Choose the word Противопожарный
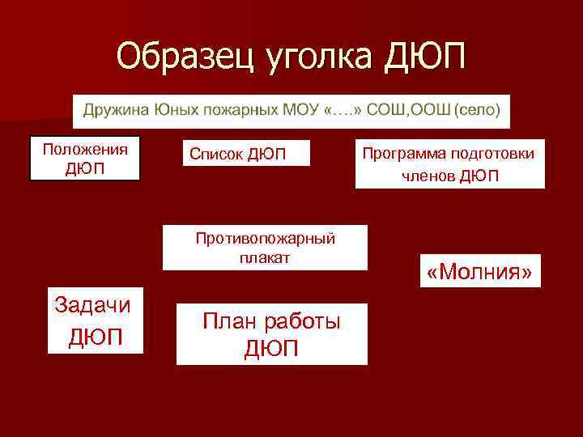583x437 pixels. coord(265,238)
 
